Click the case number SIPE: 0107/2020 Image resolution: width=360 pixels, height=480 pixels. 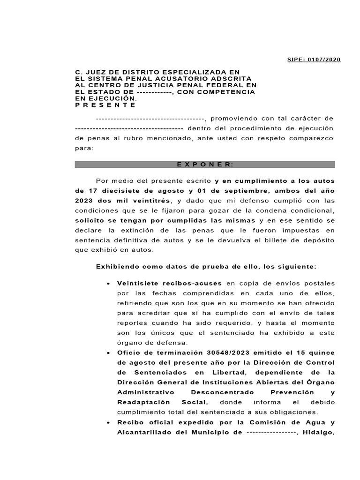(x=314, y=60)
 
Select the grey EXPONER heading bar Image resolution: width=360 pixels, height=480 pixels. (x=205, y=165)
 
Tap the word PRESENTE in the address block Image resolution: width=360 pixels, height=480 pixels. (x=99, y=105)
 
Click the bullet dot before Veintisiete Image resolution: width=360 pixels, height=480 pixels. (x=108, y=284)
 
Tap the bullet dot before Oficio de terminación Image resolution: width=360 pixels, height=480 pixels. (x=108, y=353)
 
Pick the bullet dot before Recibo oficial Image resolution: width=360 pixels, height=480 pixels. (x=108, y=422)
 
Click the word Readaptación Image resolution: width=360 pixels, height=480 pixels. (x=141, y=402)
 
